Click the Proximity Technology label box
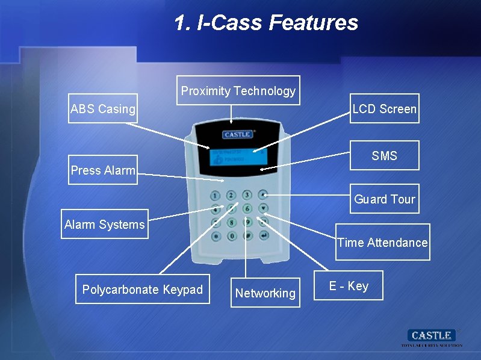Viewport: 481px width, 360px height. [238, 90]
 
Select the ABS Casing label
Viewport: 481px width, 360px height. [103, 108]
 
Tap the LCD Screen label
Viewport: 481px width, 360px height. [384, 108]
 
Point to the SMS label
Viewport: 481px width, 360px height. [384, 156]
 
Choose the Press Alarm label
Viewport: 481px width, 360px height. [103, 170]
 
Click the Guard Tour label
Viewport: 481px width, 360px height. [385, 199]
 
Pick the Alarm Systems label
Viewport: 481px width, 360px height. [105, 224]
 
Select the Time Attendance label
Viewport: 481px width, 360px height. [382, 242]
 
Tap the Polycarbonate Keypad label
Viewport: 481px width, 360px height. [143, 290]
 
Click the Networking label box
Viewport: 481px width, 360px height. [265, 293]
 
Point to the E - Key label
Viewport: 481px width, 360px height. [349, 286]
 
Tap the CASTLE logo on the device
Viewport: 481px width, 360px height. [237, 134]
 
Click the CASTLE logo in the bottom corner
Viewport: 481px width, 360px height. [432, 335]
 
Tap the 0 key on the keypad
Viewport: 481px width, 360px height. [232, 236]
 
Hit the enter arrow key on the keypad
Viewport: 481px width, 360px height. [263, 235]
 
